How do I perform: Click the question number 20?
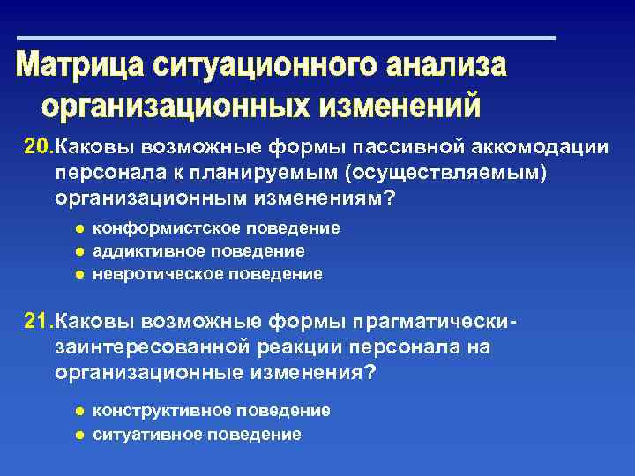38,145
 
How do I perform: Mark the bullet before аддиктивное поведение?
78,251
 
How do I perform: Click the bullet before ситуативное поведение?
78,435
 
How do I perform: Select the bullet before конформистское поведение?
78,228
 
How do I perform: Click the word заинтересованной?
145,346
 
